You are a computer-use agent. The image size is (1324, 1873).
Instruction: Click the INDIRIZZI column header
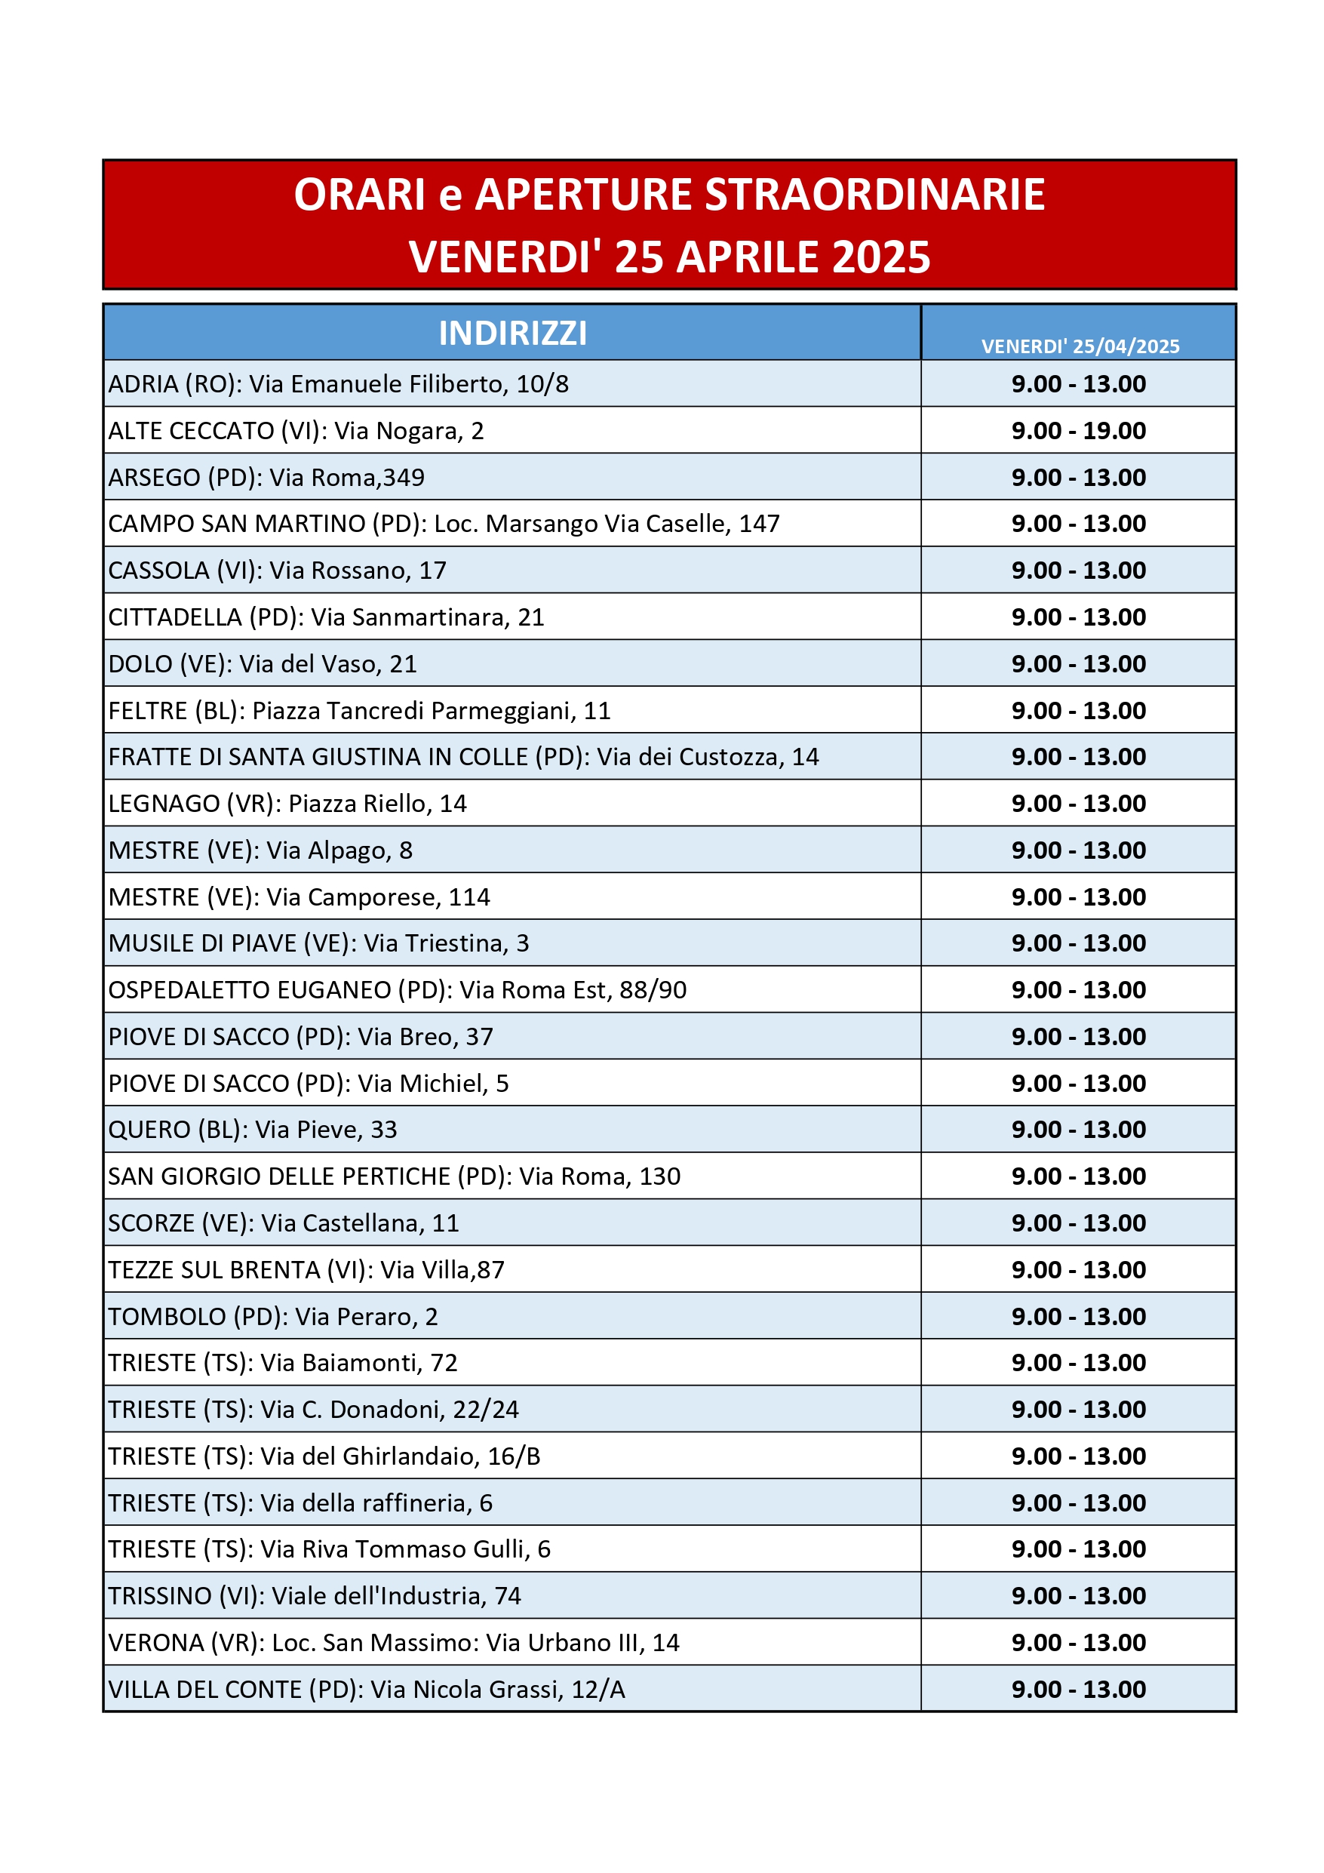(x=512, y=333)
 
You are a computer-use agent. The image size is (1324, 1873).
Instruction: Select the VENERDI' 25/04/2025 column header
(x=1080, y=346)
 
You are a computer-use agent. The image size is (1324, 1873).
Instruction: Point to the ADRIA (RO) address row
(x=339, y=384)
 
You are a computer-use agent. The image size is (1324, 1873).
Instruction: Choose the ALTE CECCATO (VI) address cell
(x=296, y=431)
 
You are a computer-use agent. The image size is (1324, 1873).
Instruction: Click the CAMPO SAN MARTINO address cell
(x=444, y=524)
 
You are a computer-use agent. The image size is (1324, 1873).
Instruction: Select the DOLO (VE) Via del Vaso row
(x=263, y=664)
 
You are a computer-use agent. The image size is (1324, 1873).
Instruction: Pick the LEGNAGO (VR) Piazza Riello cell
(x=287, y=804)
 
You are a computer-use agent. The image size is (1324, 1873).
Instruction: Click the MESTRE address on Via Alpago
(x=260, y=850)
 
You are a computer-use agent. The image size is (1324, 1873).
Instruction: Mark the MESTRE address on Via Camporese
(x=299, y=897)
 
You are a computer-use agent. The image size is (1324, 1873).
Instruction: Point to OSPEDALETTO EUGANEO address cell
(x=398, y=990)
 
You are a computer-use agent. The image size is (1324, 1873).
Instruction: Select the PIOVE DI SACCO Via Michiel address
(x=309, y=1084)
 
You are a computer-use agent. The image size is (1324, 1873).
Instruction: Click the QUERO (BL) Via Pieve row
(x=252, y=1130)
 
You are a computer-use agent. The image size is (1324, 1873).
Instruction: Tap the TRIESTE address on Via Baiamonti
(x=282, y=1363)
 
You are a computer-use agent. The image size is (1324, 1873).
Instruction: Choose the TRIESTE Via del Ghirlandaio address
(x=324, y=1456)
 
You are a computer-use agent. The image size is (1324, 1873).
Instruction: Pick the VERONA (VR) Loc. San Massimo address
(x=393, y=1643)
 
